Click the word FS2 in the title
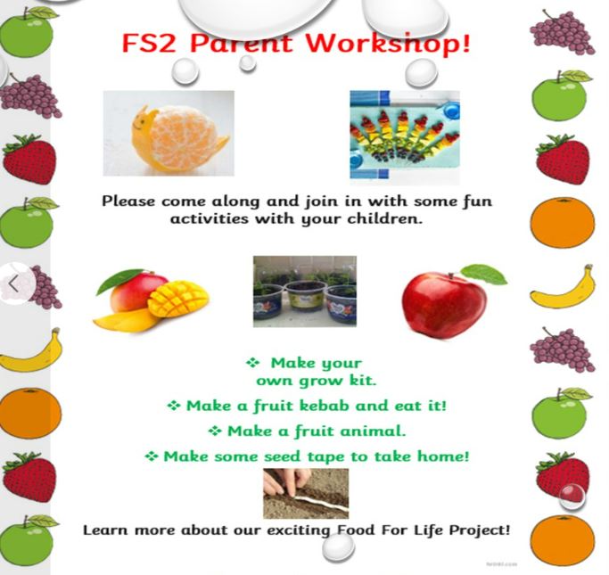[x=148, y=43]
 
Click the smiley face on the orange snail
[x=141, y=122]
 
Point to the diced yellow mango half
[x=177, y=298]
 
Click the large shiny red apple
[x=444, y=305]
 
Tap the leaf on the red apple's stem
[x=484, y=274]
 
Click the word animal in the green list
[x=373, y=431]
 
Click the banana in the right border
[x=563, y=288]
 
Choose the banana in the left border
[x=31, y=351]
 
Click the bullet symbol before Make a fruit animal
[x=215, y=431]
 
